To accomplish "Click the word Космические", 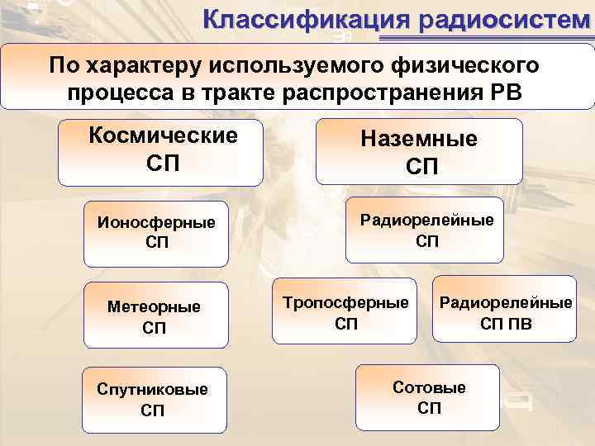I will pyautogui.click(x=162, y=135).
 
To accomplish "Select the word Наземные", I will pyautogui.click(x=419, y=139).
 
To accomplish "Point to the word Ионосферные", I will pyautogui.click(x=156, y=222).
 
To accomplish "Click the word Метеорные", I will pyautogui.click(x=154, y=306).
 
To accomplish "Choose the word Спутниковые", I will pyautogui.click(x=153, y=389).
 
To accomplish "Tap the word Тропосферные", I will pyautogui.click(x=346, y=302).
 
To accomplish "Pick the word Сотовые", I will pyautogui.click(x=429, y=387).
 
